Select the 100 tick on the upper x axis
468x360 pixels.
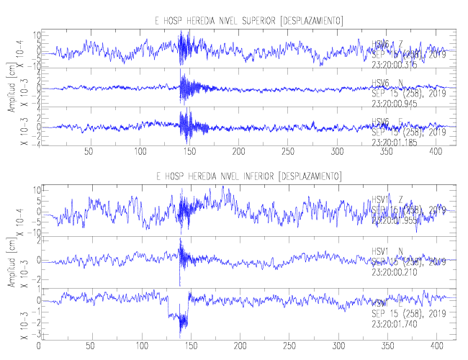pos(140,152)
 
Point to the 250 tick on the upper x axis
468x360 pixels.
pos(288,152)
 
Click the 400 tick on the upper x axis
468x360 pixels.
pos(436,152)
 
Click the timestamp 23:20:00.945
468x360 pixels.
pos(396,102)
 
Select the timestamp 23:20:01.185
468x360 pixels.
pos(396,141)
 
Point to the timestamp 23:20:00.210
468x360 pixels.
pos(396,274)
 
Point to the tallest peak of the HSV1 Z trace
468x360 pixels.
pos(225,189)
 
